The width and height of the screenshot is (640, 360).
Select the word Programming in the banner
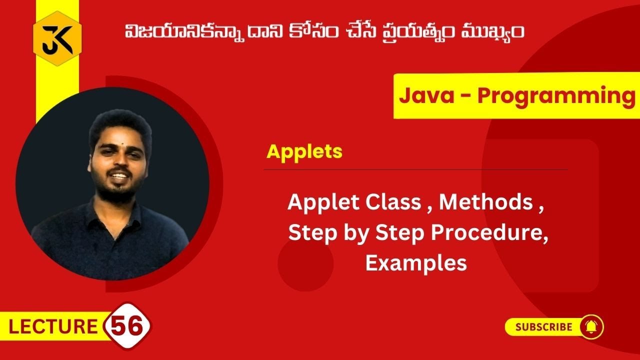click(556, 95)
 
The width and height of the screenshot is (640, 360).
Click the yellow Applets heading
click(304, 151)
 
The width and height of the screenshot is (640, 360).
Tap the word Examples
click(416, 262)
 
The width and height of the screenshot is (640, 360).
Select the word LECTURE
click(53, 327)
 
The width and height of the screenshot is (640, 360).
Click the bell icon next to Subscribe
click(591, 327)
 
